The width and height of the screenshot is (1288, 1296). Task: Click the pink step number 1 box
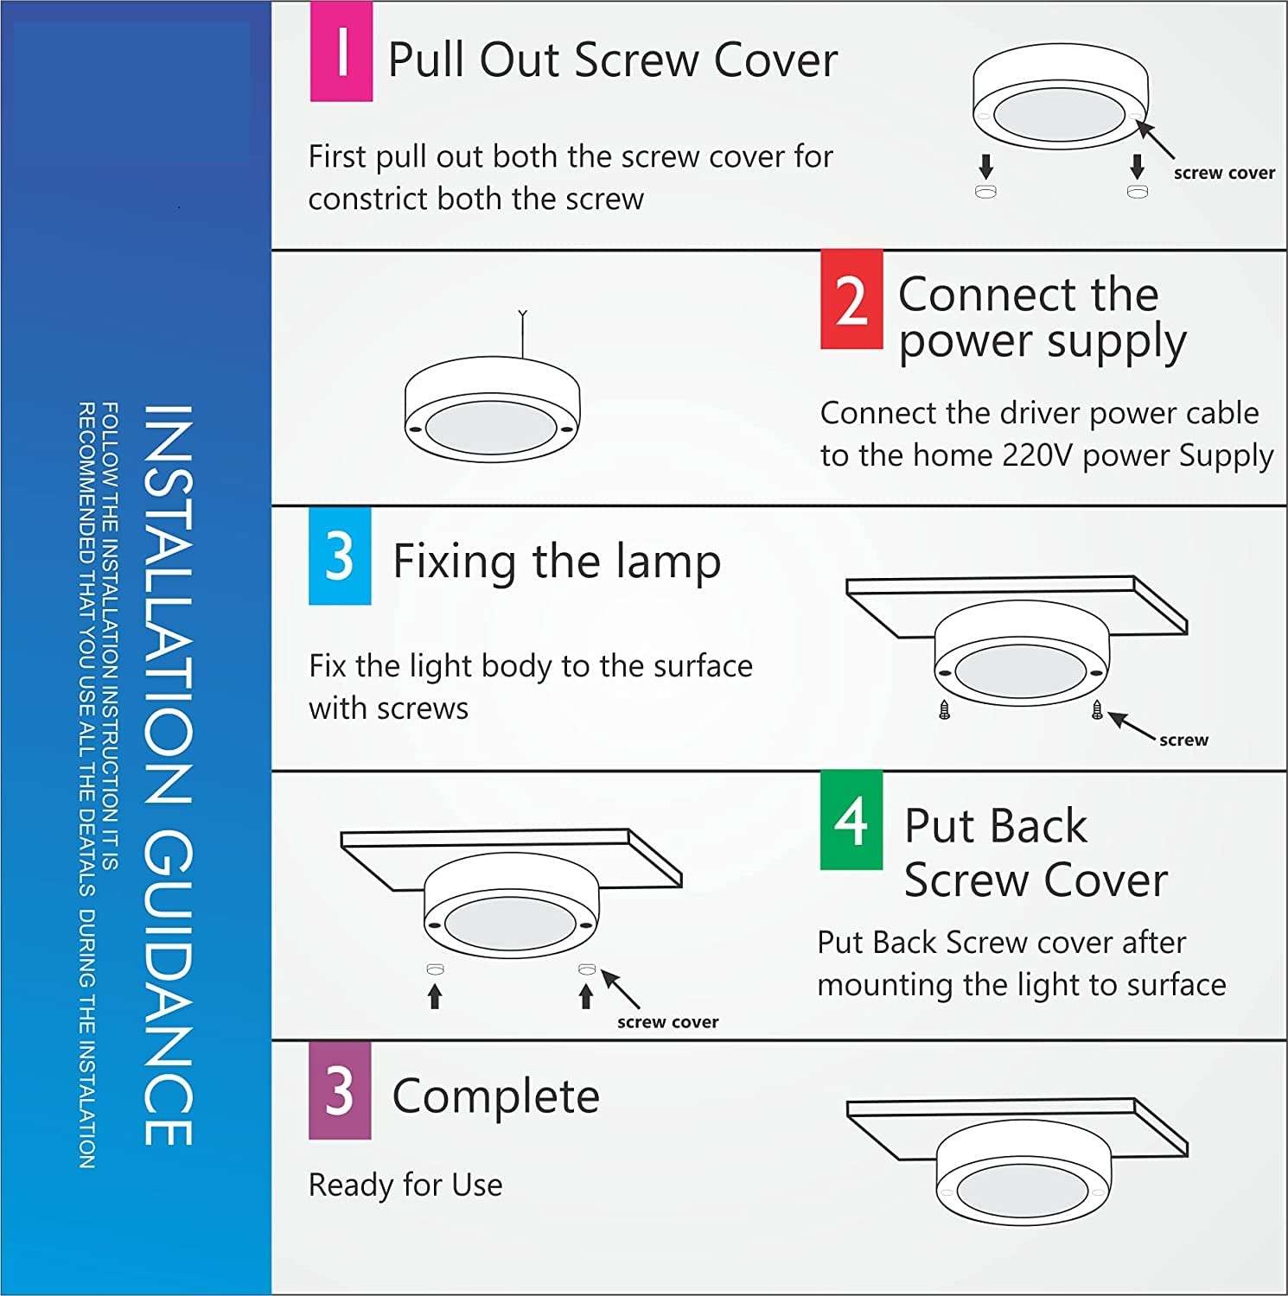341,52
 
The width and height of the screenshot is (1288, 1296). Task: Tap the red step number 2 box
851,300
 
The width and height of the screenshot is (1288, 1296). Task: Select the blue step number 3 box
340,556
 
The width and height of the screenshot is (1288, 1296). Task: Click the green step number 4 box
851,820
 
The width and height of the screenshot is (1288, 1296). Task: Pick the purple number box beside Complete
340,1090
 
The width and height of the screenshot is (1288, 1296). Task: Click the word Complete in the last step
495,1096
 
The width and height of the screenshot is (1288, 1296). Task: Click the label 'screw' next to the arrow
1183,740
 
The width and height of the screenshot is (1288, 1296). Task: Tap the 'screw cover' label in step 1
1223,173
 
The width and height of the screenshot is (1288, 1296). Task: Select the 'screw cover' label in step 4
667,1022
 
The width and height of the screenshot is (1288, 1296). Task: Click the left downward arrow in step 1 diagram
985,166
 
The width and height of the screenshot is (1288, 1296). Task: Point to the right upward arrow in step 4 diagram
586,996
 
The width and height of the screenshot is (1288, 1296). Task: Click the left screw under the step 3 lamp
944,711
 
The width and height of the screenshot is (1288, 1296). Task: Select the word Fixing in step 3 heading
456,562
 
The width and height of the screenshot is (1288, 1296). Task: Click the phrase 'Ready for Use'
405,1185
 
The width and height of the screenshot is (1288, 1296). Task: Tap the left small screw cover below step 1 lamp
985,191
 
